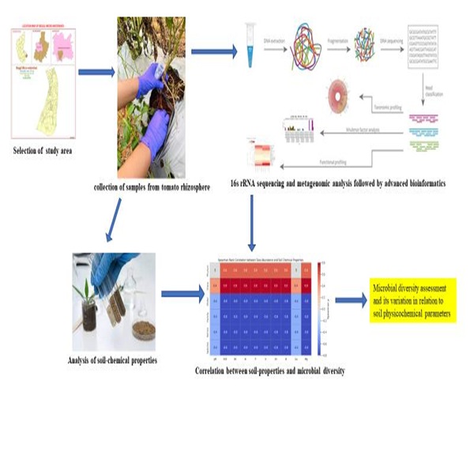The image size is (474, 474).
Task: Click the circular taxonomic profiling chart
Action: tap(346, 100)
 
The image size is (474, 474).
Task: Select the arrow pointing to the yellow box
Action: tap(350, 300)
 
